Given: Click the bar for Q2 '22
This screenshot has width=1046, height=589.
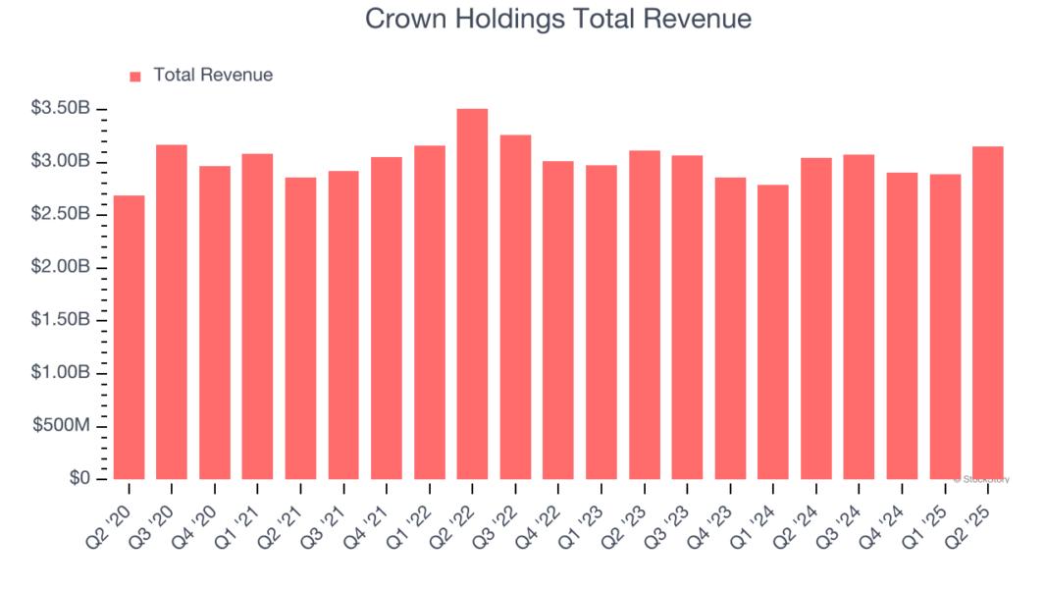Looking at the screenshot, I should (x=472, y=294).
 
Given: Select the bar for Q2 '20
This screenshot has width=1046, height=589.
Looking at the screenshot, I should (x=129, y=338).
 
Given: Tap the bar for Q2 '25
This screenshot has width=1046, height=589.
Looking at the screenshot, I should (x=987, y=313).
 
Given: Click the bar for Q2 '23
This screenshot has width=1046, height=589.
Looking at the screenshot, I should (x=644, y=315).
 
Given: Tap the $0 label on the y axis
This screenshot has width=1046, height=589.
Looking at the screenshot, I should (x=79, y=479).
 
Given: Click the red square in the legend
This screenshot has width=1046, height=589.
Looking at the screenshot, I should (x=135, y=76).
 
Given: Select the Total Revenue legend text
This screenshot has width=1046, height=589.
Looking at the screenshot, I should (x=213, y=76).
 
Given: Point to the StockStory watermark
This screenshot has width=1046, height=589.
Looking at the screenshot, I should (x=981, y=479).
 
